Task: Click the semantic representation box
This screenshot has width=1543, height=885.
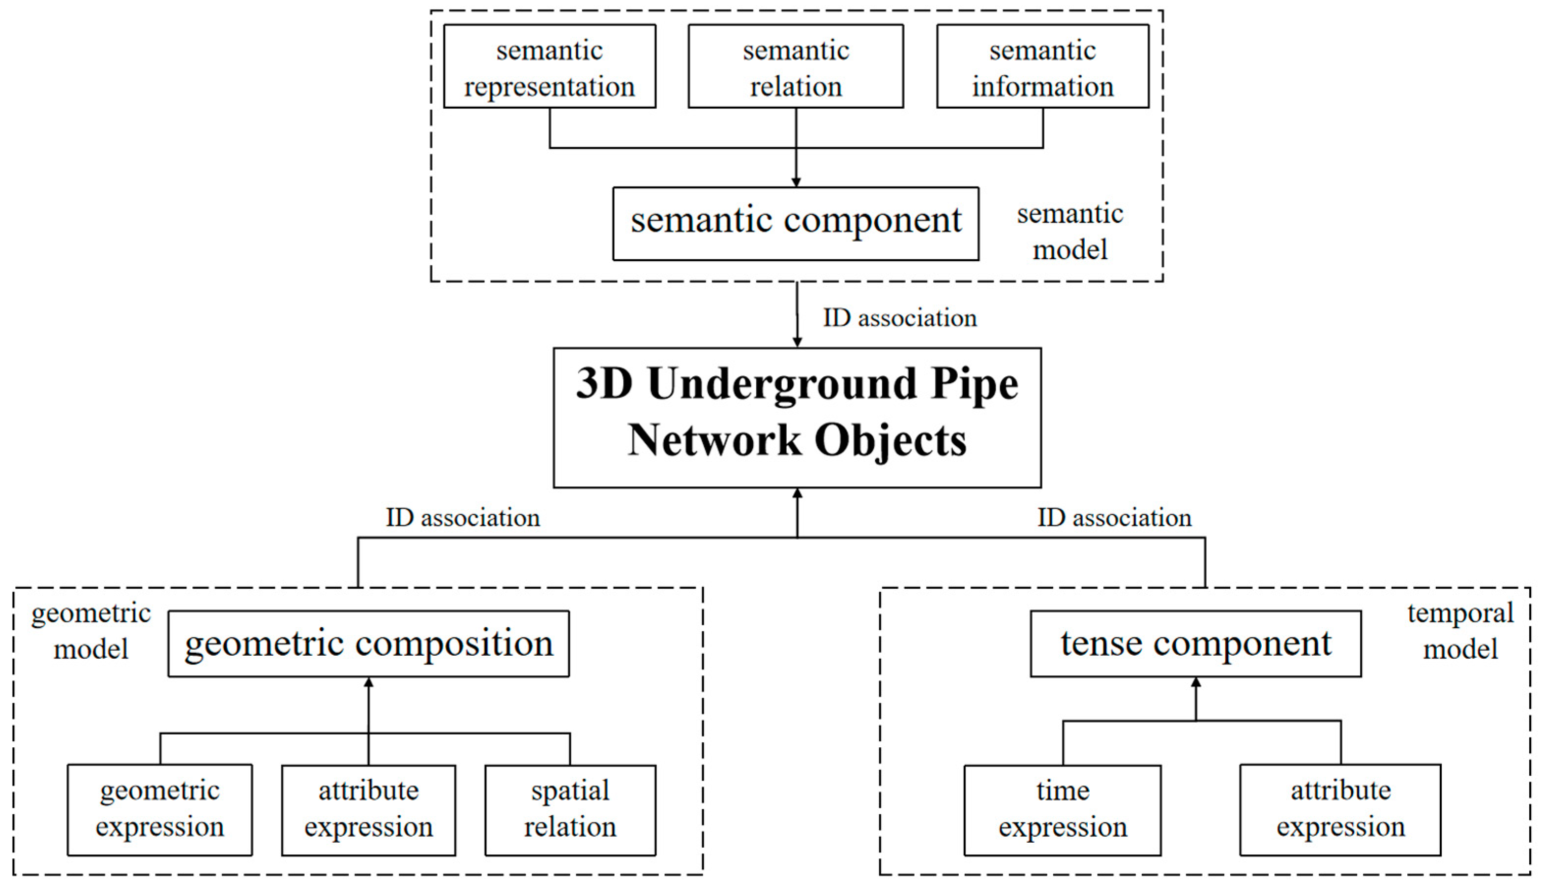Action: (x=549, y=66)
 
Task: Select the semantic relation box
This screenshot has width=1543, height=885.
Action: (x=795, y=66)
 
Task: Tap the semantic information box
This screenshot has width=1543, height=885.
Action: (x=1042, y=66)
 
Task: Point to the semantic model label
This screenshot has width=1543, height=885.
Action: (x=1070, y=232)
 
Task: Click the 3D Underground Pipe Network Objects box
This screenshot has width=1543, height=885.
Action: (x=797, y=418)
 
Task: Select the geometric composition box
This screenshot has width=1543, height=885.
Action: (x=368, y=643)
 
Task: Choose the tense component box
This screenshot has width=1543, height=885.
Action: (x=1195, y=643)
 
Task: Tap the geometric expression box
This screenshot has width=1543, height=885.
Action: (x=159, y=810)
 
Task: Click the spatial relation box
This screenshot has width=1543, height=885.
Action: (x=570, y=810)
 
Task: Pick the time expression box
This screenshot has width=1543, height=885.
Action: (x=1063, y=810)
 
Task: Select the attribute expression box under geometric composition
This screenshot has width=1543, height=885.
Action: (x=368, y=810)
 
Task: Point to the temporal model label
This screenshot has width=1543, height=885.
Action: (x=1460, y=631)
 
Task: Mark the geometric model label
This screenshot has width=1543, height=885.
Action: (x=90, y=631)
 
